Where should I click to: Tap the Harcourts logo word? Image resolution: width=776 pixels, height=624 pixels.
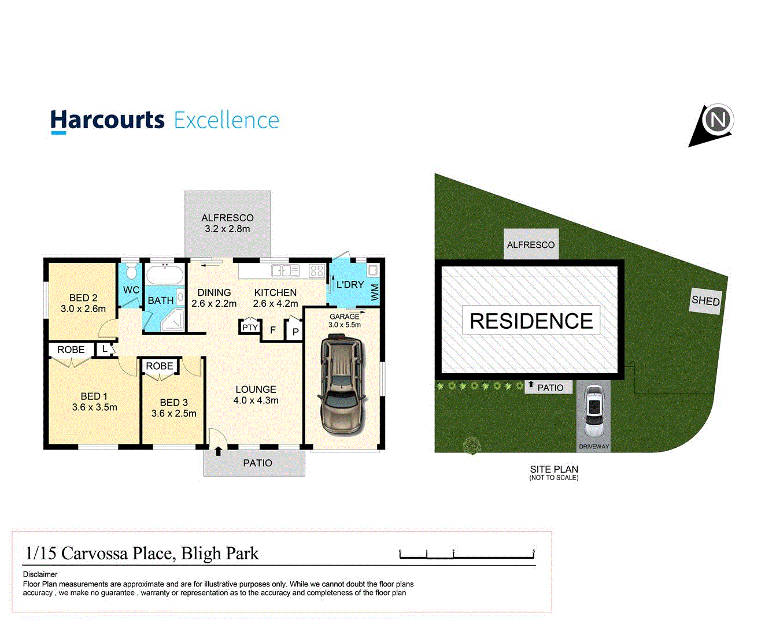108,120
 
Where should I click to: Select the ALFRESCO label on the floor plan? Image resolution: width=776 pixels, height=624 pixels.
227,218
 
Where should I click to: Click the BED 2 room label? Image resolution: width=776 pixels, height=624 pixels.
83,298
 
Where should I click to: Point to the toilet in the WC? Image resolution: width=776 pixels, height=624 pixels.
131,272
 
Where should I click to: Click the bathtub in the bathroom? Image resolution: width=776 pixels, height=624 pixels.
164,274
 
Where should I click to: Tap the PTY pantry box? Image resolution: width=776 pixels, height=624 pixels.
250,327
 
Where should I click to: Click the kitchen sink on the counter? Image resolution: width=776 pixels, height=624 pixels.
286,270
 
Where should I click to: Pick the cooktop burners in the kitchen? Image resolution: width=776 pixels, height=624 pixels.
316,270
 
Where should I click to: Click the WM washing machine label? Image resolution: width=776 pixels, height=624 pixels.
375,292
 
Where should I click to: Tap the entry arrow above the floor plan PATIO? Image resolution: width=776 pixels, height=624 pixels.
219,451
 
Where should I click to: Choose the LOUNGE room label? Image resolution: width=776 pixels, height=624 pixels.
256,389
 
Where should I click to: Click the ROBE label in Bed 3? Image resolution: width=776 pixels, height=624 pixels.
159,366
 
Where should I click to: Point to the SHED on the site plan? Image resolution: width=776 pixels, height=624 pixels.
706,300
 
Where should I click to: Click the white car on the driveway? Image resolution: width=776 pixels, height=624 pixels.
594,411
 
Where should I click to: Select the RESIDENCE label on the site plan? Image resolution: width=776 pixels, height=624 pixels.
531,321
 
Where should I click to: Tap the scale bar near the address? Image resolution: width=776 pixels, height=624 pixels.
467,555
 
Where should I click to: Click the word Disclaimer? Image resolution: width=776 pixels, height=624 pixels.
40,574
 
